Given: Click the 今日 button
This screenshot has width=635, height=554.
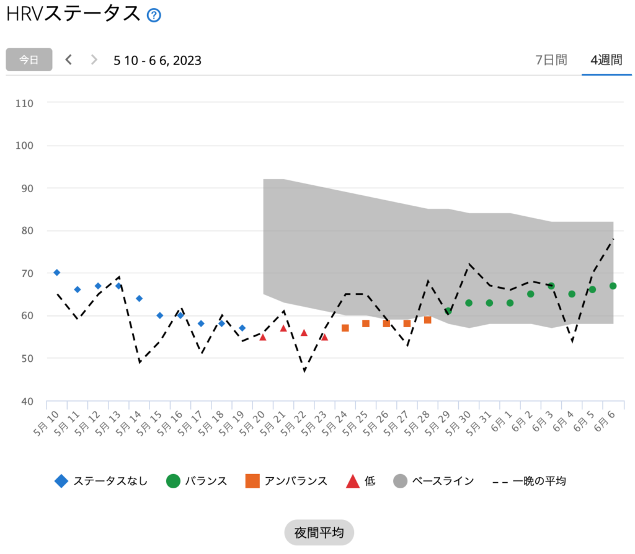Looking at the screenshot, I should point(29,59).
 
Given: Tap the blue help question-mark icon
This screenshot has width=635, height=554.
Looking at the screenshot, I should point(154,15).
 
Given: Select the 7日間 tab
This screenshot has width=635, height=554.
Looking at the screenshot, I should point(551,60).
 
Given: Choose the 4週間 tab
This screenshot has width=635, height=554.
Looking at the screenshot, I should point(606,60).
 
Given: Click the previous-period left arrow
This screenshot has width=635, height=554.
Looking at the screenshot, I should point(69,59).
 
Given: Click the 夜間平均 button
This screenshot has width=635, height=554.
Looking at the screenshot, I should point(319,532).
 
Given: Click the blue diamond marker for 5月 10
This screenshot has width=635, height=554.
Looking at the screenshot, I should point(56,273).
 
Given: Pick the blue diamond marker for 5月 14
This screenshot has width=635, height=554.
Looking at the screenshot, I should point(139,298).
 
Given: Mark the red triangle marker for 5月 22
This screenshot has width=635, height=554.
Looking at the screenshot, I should point(304,333).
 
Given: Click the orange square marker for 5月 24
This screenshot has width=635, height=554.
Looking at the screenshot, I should point(345,328).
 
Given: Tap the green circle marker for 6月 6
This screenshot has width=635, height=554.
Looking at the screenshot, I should point(613,286).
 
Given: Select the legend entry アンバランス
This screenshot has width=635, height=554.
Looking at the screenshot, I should point(286,481).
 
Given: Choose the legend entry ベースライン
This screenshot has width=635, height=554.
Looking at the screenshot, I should point(434,481).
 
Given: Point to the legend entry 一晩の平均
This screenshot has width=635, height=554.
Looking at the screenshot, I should point(530,481).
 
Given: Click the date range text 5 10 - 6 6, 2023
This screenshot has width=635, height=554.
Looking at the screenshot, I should point(158,60).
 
